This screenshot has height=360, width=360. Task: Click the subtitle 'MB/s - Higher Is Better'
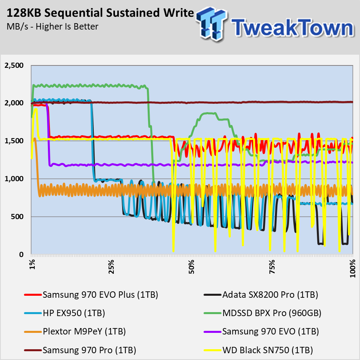tap(52, 27)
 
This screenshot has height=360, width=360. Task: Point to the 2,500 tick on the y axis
tap(14, 65)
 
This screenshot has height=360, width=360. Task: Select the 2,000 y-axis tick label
tap(14, 103)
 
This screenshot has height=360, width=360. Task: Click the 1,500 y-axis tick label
tap(14, 141)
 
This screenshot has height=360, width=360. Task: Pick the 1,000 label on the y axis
tap(14, 179)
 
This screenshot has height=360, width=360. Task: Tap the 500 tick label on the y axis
tap(17, 217)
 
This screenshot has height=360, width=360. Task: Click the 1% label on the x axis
tap(32, 265)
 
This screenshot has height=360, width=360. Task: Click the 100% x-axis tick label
tap(352, 267)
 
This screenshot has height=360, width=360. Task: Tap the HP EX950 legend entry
tap(73, 314)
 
